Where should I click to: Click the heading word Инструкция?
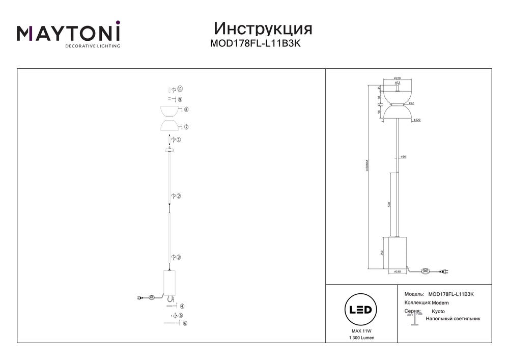tap(263, 27)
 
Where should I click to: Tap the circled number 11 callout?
tap(180, 89)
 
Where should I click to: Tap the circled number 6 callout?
tap(185, 323)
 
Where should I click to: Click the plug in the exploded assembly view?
tap(140, 298)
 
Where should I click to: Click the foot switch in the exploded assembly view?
tap(152, 298)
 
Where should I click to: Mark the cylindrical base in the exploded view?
tap(169, 283)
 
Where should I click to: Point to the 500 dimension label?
tap(389, 204)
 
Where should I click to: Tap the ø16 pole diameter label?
tap(403, 157)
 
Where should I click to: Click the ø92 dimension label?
tap(411, 103)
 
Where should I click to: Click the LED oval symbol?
tap(360, 310)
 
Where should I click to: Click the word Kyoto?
tap(438, 311)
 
